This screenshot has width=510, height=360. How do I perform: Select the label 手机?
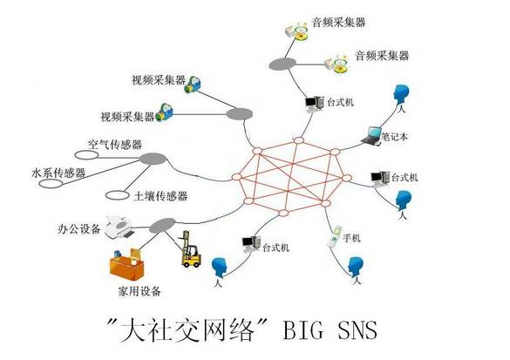click(352, 237)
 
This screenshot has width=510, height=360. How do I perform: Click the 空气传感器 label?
click(115, 144)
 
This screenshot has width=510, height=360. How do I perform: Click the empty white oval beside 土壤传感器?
click(113, 194)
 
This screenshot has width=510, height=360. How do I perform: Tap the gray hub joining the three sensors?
click(154, 160)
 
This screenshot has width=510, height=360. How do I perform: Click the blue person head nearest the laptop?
click(402, 94)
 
